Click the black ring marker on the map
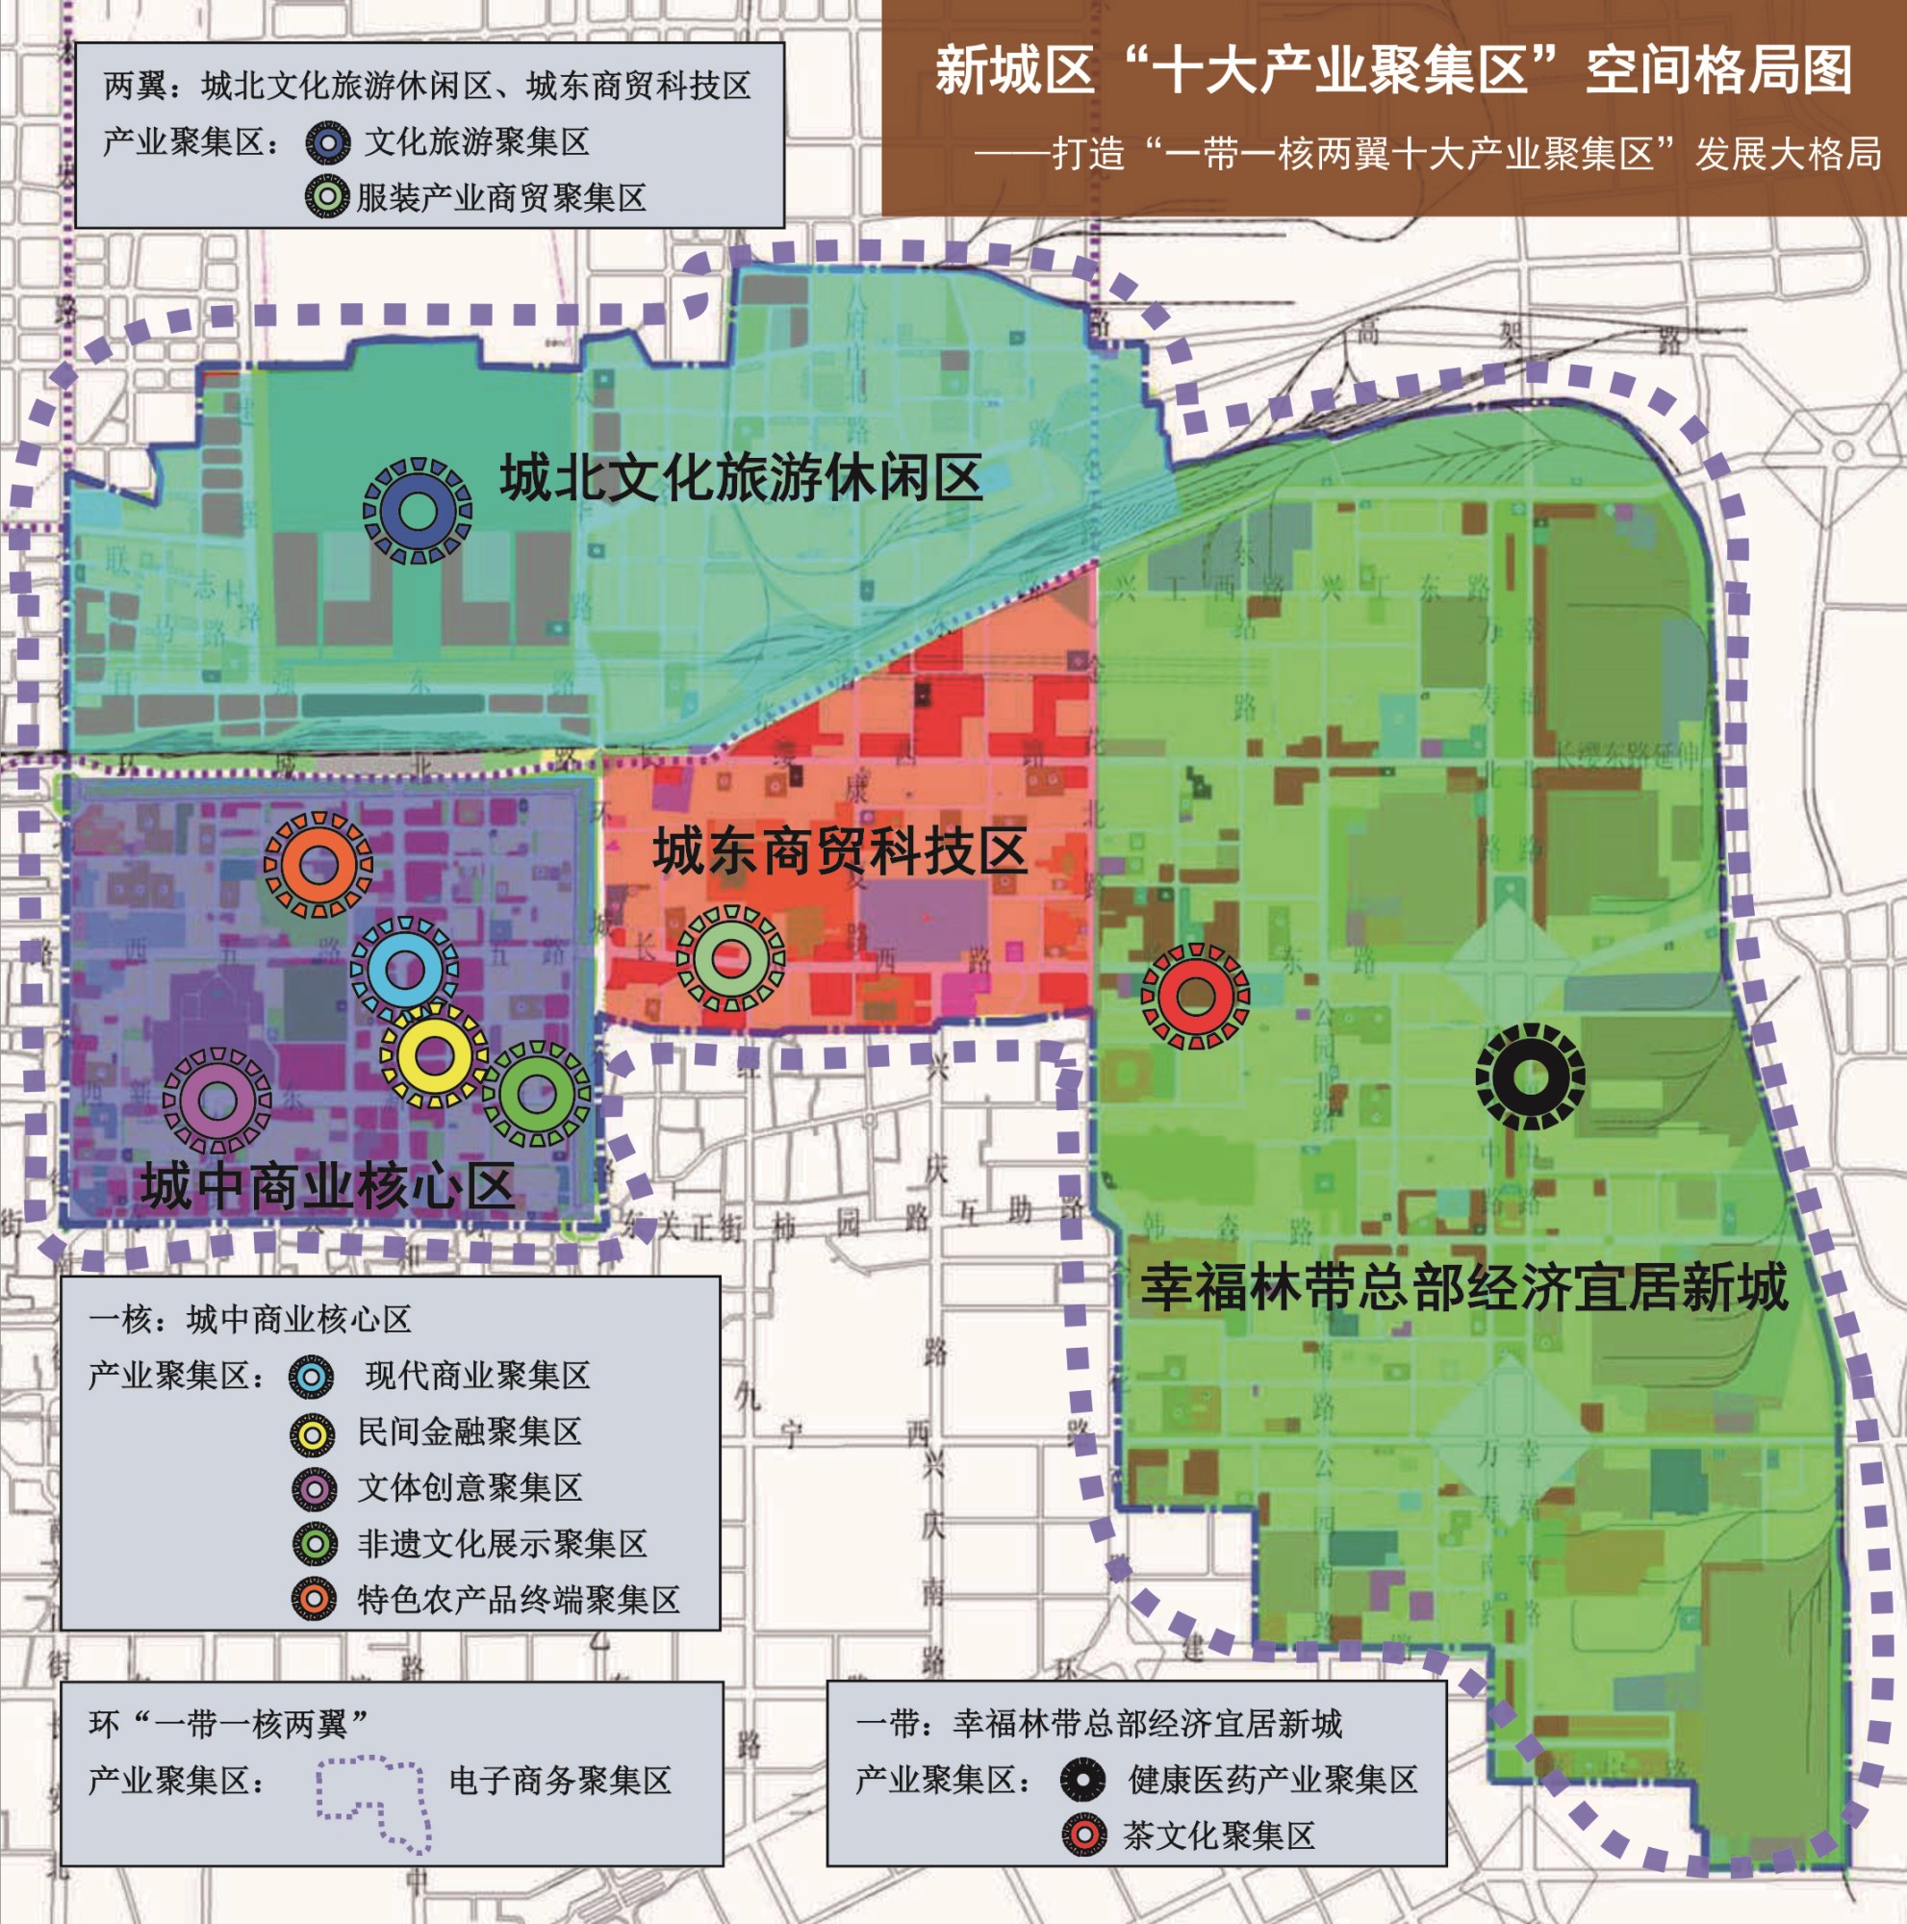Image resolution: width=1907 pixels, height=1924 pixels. [1530, 1076]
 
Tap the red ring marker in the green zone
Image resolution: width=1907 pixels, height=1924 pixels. [1195, 996]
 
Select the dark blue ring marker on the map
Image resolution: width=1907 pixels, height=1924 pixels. [418, 511]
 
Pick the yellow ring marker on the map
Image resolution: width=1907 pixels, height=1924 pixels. [434, 1054]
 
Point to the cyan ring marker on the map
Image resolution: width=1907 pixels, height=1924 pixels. [404, 968]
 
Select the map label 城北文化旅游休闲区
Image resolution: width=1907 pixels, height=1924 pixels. [741, 479]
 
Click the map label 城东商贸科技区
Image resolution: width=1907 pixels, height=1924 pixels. [839, 853]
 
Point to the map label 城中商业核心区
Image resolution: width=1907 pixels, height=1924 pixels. [328, 1186]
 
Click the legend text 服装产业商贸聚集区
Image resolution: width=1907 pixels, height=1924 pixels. [501, 198]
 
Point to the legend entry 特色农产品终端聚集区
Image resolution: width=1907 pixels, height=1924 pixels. [518, 1600]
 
